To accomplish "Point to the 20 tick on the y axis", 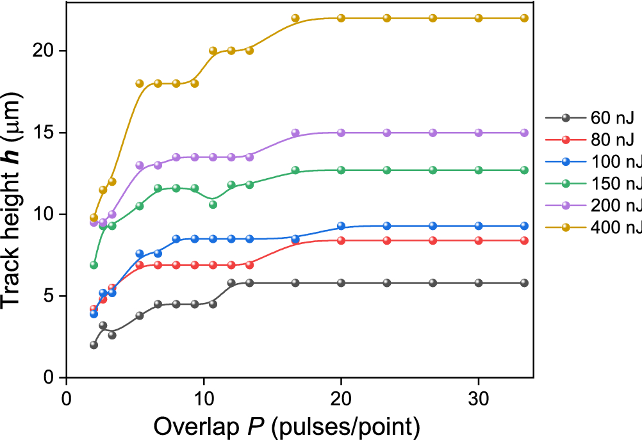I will click(x=43, y=51).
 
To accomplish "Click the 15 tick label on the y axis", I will click(x=43, y=133).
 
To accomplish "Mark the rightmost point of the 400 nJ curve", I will click(x=524, y=18).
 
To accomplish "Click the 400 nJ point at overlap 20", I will click(x=341, y=18).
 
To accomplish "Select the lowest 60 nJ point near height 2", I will click(x=94, y=345).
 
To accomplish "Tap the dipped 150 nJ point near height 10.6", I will click(x=213, y=204).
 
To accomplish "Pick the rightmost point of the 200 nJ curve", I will click(x=524, y=133).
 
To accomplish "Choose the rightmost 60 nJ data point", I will click(x=524, y=282).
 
